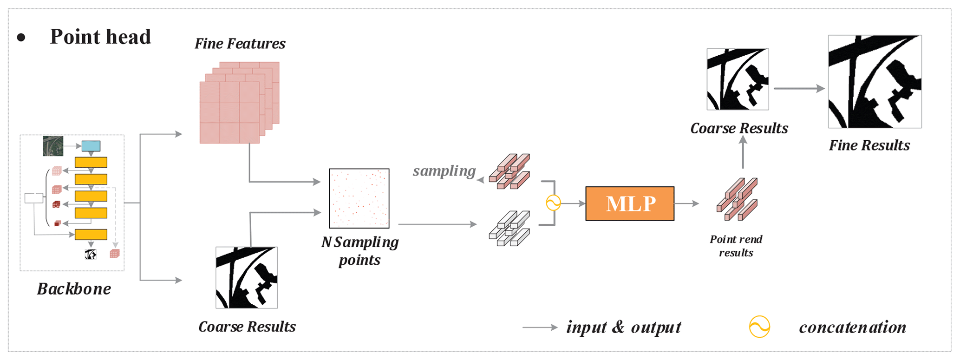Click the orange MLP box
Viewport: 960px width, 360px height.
tap(629, 203)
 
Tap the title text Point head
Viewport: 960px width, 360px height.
tap(100, 37)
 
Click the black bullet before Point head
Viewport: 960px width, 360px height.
tap(21, 38)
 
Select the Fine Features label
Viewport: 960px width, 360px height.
tap(240, 44)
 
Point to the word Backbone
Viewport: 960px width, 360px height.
tap(74, 289)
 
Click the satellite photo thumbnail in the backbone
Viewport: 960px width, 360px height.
tap(53, 146)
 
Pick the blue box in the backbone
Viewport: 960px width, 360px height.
tap(91, 146)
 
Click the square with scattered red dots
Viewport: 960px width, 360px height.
tap(359, 198)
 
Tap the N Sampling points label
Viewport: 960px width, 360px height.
tap(360, 251)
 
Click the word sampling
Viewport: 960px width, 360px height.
tap(444, 171)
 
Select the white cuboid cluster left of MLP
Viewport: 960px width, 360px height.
tap(509, 228)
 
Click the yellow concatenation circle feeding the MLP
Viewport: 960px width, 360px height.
tap(553, 203)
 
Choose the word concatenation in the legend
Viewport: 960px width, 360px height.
tap(852, 327)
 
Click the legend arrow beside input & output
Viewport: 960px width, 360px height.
tap(540, 327)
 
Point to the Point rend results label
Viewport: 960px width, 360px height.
tap(736, 246)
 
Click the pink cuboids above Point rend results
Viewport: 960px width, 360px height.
tap(737, 199)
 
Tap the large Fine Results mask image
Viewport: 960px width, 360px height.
tap(875, 82)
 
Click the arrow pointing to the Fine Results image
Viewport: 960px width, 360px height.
tap(799, 88)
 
